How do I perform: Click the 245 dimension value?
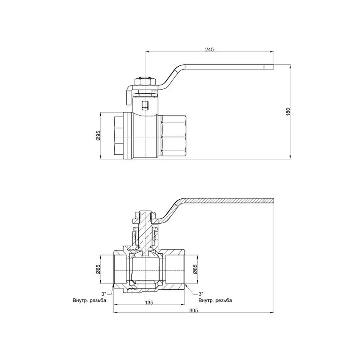coord(210,49)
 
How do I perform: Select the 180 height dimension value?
coord(288,112)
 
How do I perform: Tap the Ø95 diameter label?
coord(98,135)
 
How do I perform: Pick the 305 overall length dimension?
coord(194,310)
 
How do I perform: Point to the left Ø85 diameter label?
coord(98,269)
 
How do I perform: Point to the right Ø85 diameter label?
coord(195,269)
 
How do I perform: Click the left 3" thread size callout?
coord(104,294)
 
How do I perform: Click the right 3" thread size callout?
coord(201,294)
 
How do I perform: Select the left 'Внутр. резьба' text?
coord(89,300)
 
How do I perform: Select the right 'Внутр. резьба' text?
coord(215,300)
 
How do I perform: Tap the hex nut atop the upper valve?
coord(145,82)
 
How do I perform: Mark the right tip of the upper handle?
coord(274,67)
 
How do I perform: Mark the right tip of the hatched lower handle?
coord(274,201)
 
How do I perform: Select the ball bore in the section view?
coord(145,269)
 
